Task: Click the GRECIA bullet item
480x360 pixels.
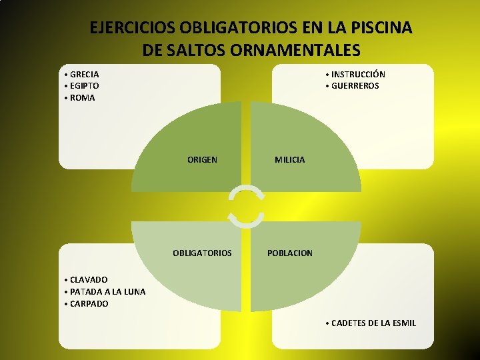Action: pyautogui.click(x=84, y=74)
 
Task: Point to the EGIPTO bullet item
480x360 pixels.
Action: pyautogui.click(x=84, y=86)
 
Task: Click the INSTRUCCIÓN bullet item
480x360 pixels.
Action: pyautogui.click(x=358, y=74)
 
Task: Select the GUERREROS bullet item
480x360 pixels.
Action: pyautogui.click(x=355, y=86)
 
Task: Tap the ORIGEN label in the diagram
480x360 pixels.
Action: pyautogui.click(x=202, y=160)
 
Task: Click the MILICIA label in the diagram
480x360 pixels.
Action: pyautogui.click(x=290, y=160)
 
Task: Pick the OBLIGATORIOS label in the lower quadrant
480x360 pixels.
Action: pyautogui.click(x=202, y=253)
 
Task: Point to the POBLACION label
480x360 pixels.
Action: pyautogui.click(x=289, y=253)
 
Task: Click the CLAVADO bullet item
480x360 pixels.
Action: pyautogui.click(x=89, y=279)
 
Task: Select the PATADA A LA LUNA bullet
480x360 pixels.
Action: pyautogui.click(x=107, y=291)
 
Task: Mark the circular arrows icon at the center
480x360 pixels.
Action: pyautogui.click(x=246, y=207)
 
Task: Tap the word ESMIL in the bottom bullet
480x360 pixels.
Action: pyautogui.click(x=403, y=323)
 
